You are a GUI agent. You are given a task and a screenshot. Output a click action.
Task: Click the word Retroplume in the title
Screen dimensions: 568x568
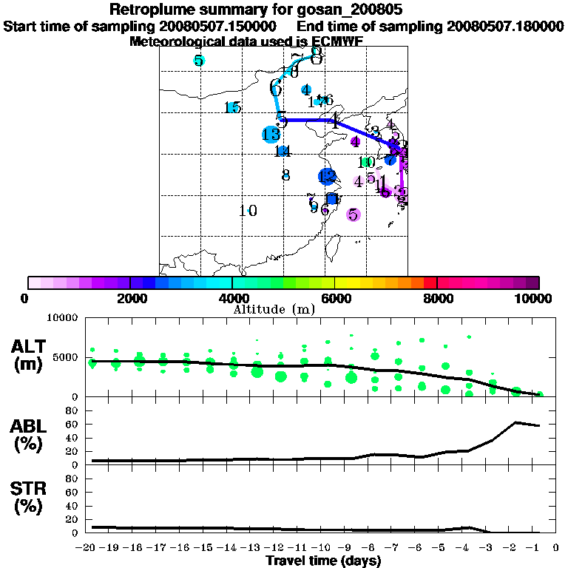click(152, 10)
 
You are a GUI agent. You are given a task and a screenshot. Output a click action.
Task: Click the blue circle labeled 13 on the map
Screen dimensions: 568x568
click(271, 135)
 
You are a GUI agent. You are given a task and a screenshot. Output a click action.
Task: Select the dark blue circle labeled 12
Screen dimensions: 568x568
click(328, 176)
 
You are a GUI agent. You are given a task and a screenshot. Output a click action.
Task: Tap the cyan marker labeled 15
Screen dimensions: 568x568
click(234, 108)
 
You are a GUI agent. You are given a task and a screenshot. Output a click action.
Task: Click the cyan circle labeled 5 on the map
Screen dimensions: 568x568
click(199, 61)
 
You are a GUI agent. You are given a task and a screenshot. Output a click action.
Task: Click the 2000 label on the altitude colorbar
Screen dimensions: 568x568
click(130, 299)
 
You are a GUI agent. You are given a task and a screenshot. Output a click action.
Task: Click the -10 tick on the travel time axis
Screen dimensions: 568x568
click(323, 549)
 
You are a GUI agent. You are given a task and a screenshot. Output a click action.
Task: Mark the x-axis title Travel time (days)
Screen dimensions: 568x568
click(323, 561)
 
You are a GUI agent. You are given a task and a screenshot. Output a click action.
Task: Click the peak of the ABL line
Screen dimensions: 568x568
click(516, 422)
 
